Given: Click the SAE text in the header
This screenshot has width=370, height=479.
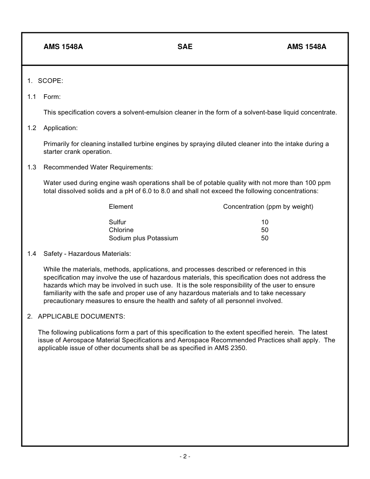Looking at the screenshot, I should coord(185,47).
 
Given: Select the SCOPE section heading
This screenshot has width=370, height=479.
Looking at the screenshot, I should coord(50,81).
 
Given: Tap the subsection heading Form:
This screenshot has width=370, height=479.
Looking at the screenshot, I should coord(52,97).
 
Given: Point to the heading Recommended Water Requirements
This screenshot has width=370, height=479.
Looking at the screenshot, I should coord(98,167).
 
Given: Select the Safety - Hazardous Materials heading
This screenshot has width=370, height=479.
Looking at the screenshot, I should coord(87,254).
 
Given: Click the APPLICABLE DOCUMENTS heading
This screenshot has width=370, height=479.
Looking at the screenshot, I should coord(81,316).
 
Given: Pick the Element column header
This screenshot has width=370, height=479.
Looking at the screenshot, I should coord(121,206).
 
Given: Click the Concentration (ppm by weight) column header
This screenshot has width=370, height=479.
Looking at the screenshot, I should coord(268,206).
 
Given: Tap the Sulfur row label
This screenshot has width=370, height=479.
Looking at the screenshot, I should coord(117,222).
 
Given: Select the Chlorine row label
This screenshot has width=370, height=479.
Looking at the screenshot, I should coord(121,230).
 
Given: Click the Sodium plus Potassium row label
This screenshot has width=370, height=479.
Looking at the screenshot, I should coord(143,238).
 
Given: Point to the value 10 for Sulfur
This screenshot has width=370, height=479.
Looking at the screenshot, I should coord(265,222).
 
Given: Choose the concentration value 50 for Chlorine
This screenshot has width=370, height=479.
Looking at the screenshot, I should coord(265,230).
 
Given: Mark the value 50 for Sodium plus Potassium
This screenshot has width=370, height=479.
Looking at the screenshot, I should coord(265,238).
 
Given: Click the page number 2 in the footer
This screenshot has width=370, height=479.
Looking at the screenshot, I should coord(185,456).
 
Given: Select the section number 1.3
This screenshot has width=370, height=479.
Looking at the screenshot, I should coord(32,167).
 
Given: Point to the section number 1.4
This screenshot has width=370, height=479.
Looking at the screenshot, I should coord(32,254).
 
